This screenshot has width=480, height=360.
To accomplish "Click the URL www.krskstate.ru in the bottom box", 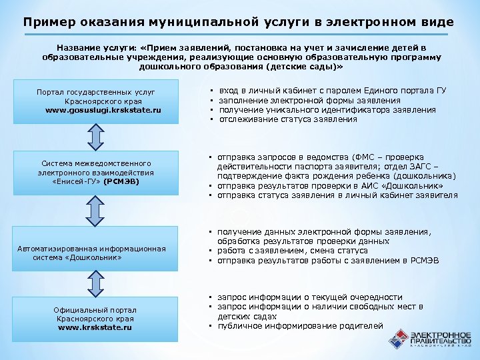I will click(95, 328).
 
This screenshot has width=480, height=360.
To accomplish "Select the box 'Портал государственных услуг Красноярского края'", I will click(97, 100).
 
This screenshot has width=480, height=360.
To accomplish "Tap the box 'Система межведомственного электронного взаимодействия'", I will click(97, 172).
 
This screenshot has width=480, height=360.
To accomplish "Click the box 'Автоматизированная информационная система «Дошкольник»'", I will click(97, 253).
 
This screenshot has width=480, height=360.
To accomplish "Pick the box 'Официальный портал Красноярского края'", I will click(97, 319).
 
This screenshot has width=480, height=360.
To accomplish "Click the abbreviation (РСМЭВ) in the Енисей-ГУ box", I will click(121, 181).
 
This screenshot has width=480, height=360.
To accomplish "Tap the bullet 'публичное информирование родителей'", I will click(301, 325).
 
